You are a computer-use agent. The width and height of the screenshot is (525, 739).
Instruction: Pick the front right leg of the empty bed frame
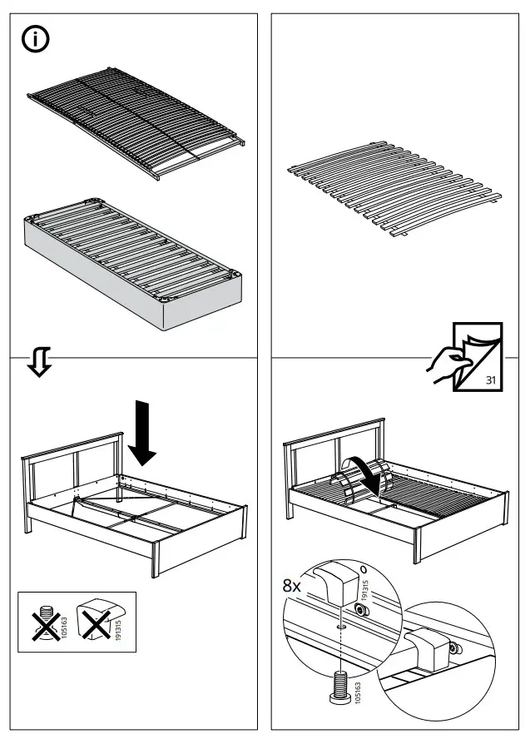(x=155, y=558)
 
